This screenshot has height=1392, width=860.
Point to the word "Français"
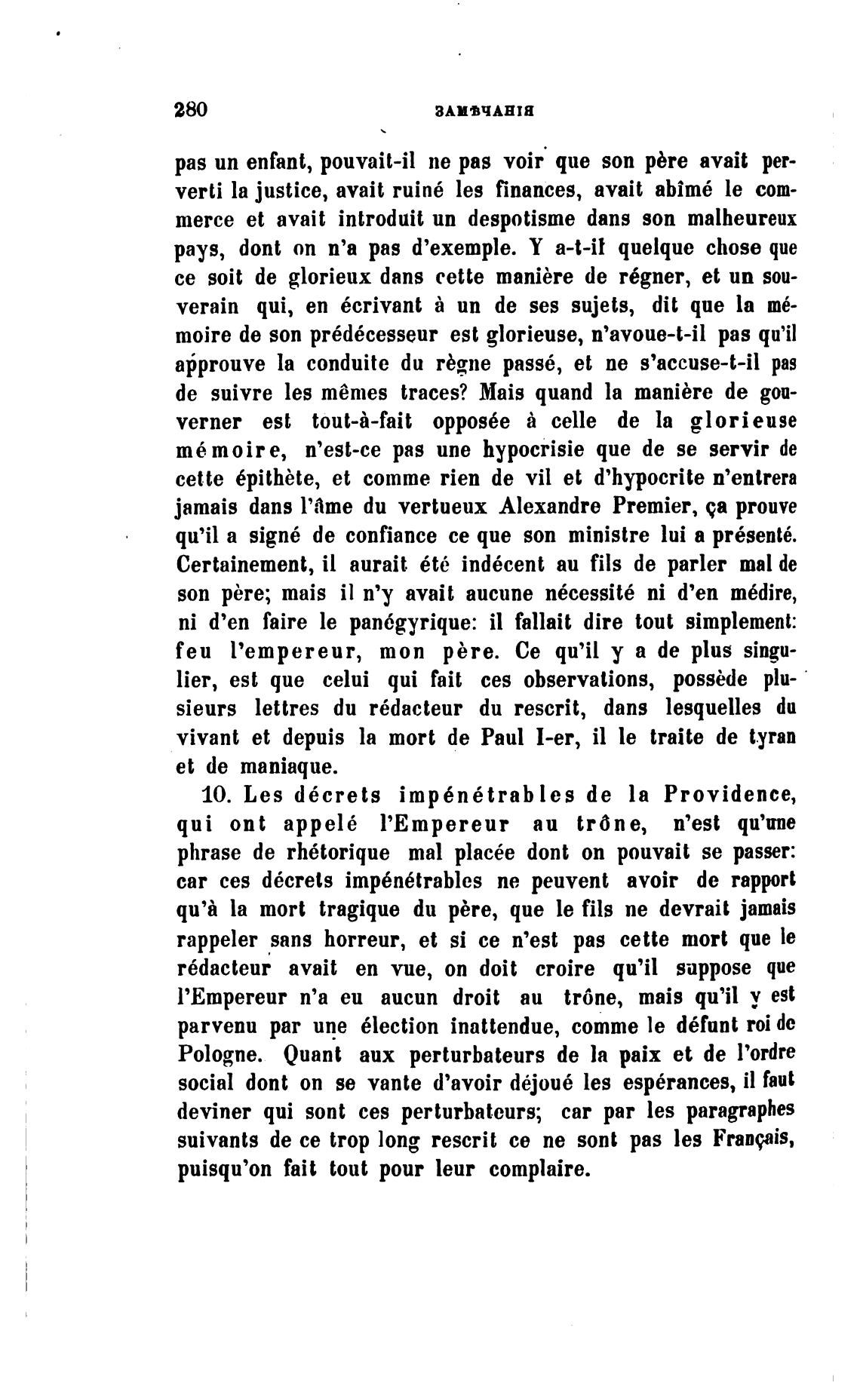pyautogui.click(x=756, y=1139)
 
